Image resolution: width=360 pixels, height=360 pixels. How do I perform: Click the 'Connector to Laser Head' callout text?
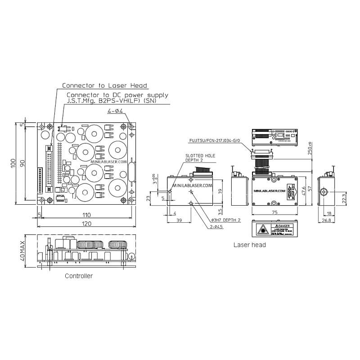pos(104,85)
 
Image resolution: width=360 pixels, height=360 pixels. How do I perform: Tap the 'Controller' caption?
pos(79,276)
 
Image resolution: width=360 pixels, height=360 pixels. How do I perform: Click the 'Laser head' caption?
pos(249,245)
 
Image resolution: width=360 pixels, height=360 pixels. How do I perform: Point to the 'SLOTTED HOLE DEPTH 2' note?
pos(200,158)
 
